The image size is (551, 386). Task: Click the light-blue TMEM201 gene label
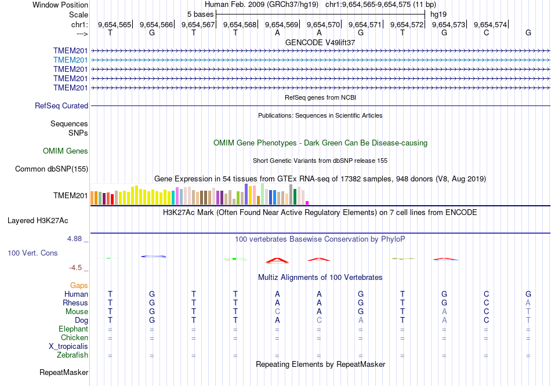(70, 60)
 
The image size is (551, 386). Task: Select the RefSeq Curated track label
(61, 106)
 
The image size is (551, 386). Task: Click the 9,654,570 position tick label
(323, 24)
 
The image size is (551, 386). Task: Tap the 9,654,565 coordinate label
(114, 24)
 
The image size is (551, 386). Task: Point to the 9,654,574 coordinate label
(490, 24)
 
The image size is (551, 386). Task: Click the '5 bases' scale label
(200, 14)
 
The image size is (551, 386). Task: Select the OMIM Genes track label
(66, 151)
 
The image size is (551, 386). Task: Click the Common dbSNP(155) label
(52, 169)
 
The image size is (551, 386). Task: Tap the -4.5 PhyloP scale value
(78, 268)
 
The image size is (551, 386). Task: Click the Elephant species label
(73, 329)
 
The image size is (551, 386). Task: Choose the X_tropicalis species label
(68, 347)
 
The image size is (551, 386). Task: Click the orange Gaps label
(79, 286)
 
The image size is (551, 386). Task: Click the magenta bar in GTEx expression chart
(307, 202)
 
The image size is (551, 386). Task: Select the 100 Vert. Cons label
(32, 253)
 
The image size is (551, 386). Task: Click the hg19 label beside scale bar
(438, 14)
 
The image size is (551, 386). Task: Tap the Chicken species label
(74, 338)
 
